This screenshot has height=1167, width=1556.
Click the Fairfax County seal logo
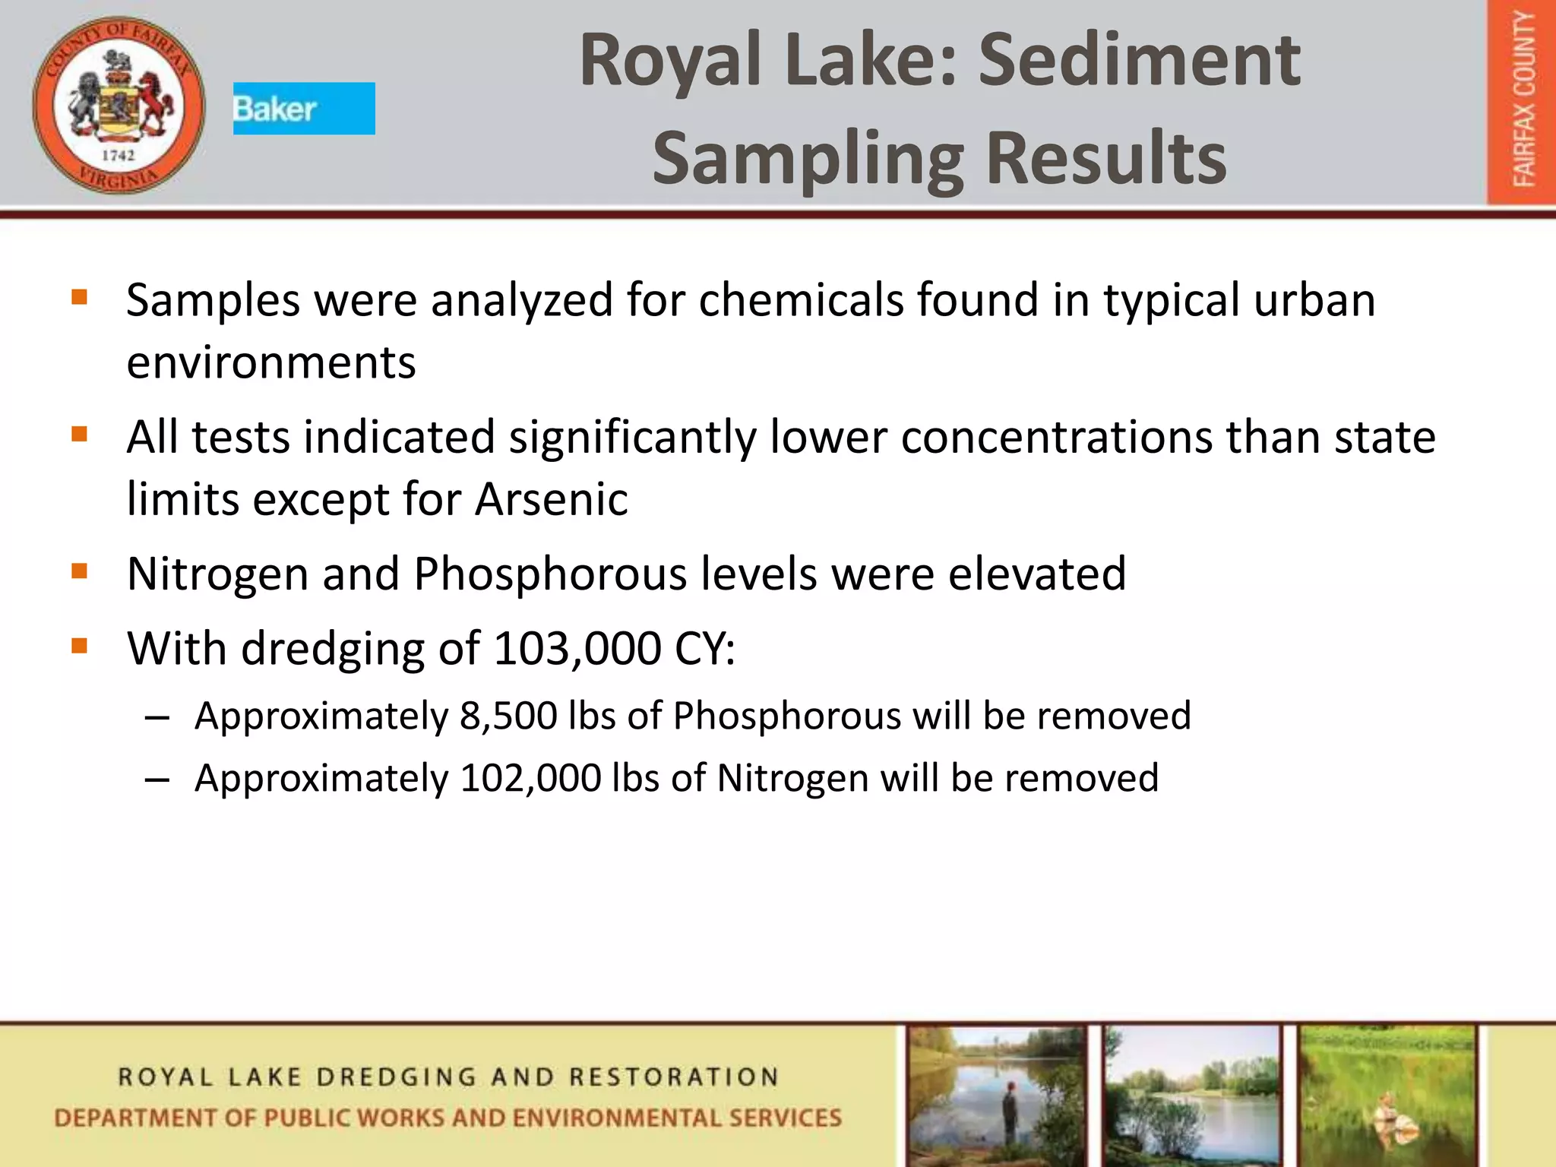click(119, 105)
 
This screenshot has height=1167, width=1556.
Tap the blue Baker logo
click(303, 109)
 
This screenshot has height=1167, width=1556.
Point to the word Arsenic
click(552, 499)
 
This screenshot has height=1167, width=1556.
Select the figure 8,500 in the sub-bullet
click(508, 716)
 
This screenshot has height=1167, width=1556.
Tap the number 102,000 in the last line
click(530, 778)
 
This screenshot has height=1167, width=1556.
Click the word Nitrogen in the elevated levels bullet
click(217, 574)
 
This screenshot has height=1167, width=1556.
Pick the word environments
click(271, 362)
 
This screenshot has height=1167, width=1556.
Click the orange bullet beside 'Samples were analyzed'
click(79, 296)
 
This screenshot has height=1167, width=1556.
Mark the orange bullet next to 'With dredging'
click(79, 647)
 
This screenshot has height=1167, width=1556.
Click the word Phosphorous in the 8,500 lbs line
click(786, 716)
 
